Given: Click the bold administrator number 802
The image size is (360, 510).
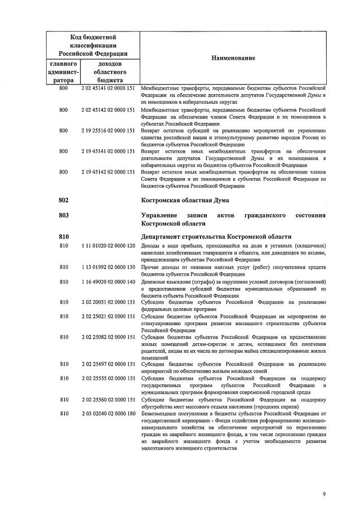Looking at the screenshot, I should tap(63, 199).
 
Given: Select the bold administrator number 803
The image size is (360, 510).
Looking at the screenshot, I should tap(63, 216).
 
